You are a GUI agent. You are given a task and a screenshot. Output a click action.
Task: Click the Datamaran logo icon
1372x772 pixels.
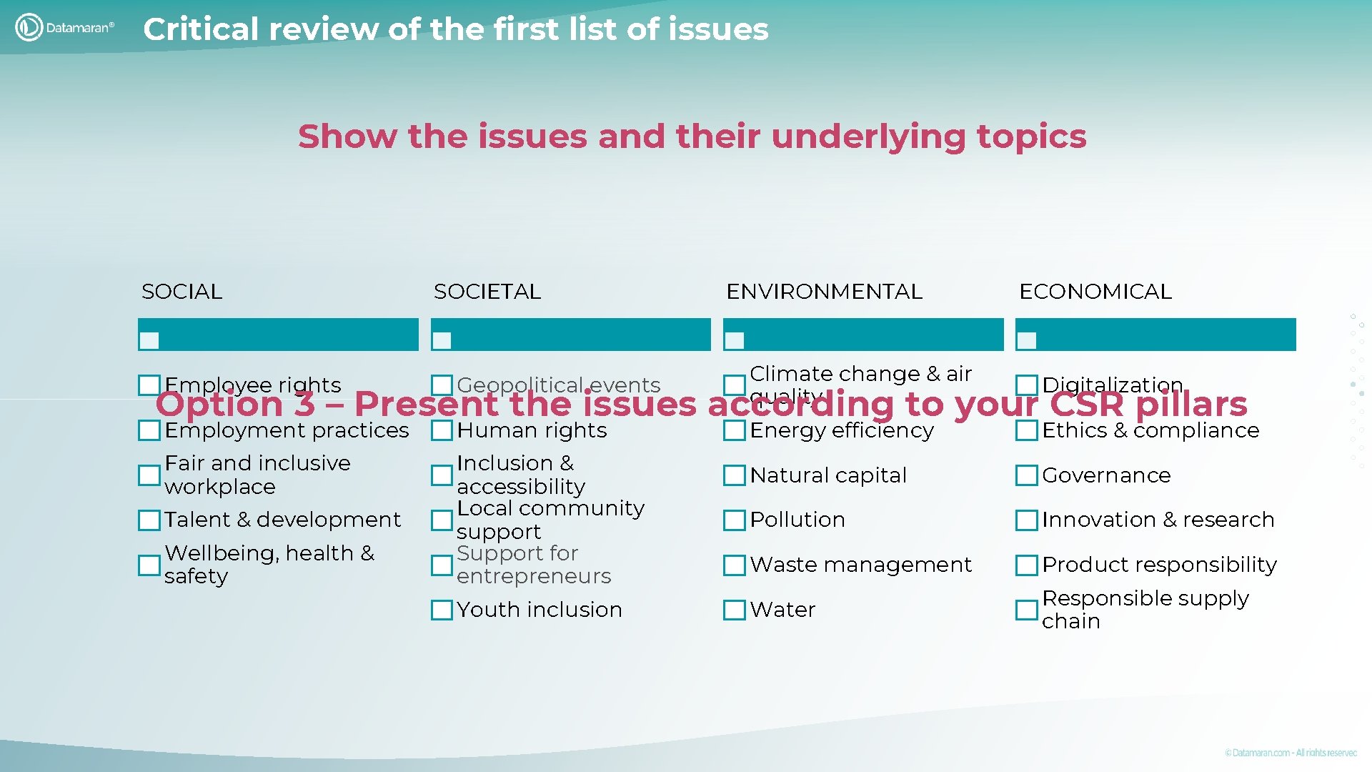tap(29, 27)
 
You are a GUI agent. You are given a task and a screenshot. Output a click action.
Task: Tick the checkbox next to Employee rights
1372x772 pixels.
tap(149, 385)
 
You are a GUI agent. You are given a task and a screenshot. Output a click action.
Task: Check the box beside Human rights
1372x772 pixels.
tap(442, 430)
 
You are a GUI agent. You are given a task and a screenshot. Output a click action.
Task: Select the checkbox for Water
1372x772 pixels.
tap(734, 610)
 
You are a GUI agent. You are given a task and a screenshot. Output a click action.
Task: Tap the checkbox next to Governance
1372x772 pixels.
tap(1026, 475)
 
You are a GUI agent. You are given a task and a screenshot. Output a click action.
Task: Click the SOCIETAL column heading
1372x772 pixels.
tap(487, 292)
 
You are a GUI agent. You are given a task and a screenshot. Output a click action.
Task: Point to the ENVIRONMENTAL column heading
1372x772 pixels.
tap(824, 292)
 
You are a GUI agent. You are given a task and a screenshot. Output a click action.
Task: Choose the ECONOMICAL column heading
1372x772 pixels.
tap(1095, 292)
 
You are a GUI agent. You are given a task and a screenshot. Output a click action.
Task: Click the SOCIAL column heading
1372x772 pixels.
tap(182, 292)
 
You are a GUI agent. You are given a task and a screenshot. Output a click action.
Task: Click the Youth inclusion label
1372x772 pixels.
tap(540, 610)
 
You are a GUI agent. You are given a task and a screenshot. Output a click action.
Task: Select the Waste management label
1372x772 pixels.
tap(860, 565)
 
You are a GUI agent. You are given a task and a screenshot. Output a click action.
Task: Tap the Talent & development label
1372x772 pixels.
tap(282, 520)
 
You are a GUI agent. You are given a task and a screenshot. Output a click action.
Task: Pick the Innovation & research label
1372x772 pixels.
tap(1158, 520)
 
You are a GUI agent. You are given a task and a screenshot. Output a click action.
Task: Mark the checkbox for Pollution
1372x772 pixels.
tap(734, 520)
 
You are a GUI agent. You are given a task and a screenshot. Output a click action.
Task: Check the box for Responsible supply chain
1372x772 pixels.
tap(1026, 610)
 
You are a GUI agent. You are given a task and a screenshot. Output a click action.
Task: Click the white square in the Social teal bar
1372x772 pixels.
tap(149, 340)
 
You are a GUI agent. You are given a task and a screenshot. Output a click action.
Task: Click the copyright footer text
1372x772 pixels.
tap(1290, 753)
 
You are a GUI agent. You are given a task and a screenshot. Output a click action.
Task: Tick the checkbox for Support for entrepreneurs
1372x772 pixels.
tap(442, 565)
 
